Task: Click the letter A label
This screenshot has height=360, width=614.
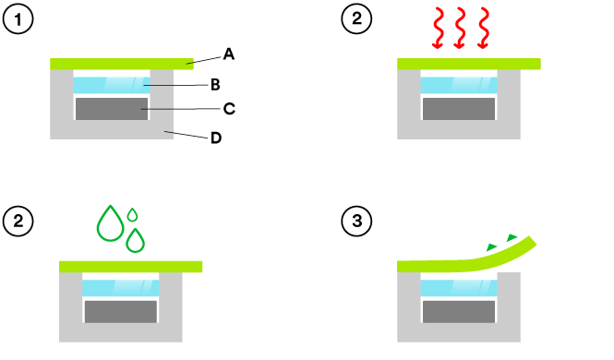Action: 229,54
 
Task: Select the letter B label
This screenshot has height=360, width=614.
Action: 214,85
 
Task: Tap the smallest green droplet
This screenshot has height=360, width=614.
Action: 133,214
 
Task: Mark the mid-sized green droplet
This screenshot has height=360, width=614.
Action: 136,240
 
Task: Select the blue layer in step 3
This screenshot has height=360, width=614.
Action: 459,288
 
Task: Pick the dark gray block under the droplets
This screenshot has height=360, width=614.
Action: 121,310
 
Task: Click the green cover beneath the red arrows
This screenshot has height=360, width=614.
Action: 468,64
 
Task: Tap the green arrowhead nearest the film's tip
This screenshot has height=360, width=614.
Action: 512,238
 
